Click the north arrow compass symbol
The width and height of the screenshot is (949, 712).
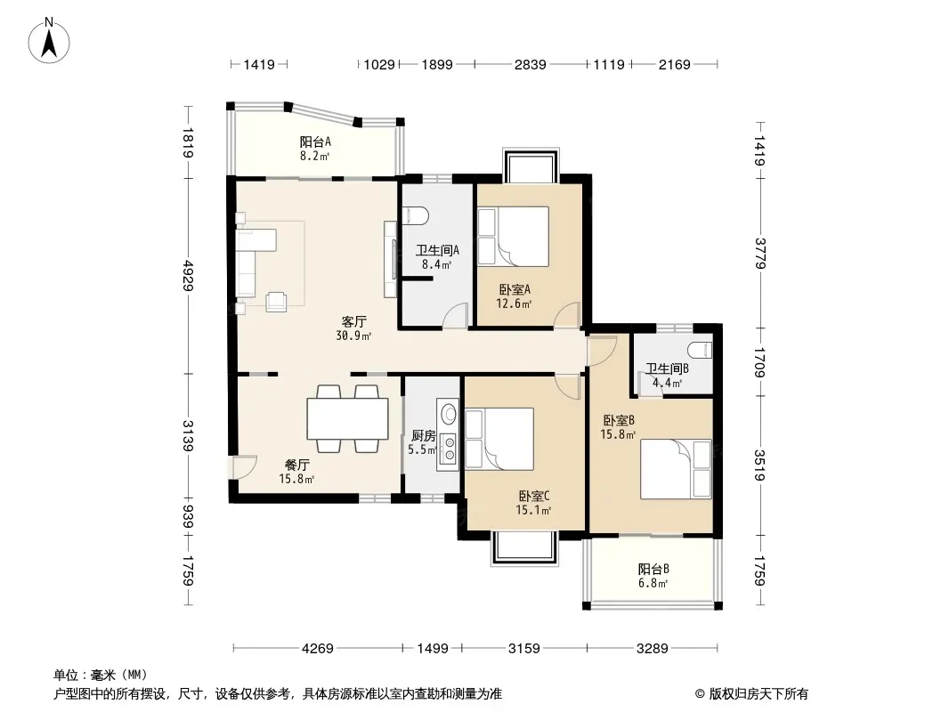pyautogui.click(x=49, y=41)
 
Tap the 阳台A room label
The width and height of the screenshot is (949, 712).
pyautogui.click(x=315, y=142)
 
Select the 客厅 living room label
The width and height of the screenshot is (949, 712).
pyautogui.click(x=353, y=321)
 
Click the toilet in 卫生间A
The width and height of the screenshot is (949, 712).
pyautogui.click(x=416, y=214)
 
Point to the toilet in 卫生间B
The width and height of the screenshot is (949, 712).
pyautogui.click(x=700, y=350)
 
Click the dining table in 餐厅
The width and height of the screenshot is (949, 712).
pyautogui.click(x=348, y=418)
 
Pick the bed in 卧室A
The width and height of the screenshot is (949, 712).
pyautogui.click(x=514, y=237)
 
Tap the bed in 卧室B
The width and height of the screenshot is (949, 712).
pyautogui.click(x=676, y=469)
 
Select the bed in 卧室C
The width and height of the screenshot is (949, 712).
pyautogui.click(x=499, y=439)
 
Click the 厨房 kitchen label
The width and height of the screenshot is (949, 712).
pyautogui.click(x=423, y=435)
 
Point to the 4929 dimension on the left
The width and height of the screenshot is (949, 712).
pyautogui.click(x=188, y=276)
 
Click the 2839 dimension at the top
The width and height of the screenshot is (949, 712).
pyautogui.click(x=531, y=64)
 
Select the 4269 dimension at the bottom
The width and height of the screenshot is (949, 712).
pyautogui.click(x=318, y=649)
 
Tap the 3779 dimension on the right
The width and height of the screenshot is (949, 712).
pyautogui.click(x=760, y=254)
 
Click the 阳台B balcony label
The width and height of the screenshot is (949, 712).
pyautogui.click(x=653, y=570)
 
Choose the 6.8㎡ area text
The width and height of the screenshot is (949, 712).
pyautogui.click(x=653, y=584)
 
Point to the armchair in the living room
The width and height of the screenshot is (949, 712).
pyautogui.click(x=276, y=301)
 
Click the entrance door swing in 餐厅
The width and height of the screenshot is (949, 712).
pyautogui.click(x=243, y=466)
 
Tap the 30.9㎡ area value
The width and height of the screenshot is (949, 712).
pyautogui.click(x=354, y=336)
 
